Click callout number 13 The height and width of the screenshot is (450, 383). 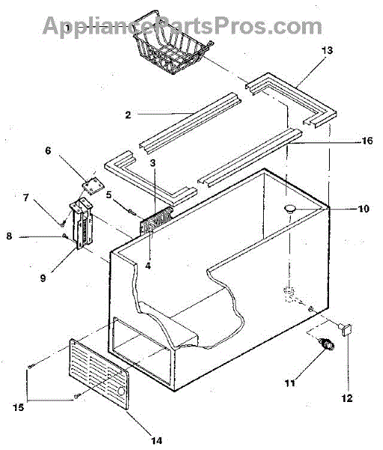point(327,50)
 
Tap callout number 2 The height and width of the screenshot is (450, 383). point(128,115)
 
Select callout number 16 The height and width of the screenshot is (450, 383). point(367,141)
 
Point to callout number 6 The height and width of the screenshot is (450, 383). point(48,150)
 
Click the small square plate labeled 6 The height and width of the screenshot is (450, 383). point(92,186)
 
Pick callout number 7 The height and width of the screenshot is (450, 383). point(26,197)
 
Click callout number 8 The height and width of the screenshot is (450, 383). point(10,236)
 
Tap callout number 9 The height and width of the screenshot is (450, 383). point(43,277)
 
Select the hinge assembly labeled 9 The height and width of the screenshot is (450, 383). point(82,223)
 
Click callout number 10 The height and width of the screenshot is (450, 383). point(364,208)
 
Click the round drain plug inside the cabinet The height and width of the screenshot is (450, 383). point(290,208)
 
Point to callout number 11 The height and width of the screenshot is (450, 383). point(290,382)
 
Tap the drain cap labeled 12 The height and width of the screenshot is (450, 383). point(345,329)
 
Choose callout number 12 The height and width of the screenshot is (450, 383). point(347,398)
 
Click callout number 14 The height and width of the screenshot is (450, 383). point(157,440)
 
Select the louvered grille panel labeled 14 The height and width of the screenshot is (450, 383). point(100,373)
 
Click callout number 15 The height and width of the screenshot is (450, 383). point(18,407)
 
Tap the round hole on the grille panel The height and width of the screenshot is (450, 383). point(121,391)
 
